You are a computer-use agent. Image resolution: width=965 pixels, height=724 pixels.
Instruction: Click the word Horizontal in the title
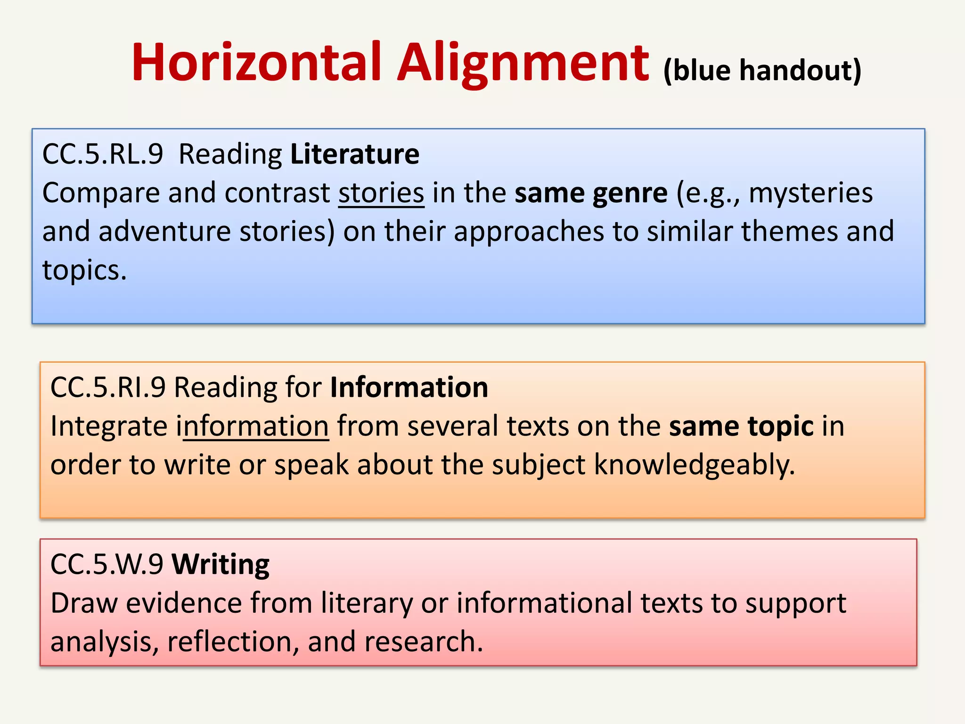click(x=256, y=63)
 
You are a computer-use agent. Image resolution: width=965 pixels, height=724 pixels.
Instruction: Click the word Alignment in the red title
click(x=523, y=64)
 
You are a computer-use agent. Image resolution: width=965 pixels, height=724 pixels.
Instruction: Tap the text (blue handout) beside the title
click(x=762, y=71)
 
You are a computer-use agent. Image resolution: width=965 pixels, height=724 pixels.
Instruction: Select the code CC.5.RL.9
click(x=103, y=154)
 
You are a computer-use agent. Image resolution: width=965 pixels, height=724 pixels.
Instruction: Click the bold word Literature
click(x=355, y=154)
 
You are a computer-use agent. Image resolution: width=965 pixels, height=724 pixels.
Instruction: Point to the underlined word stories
click(x=381, y=193)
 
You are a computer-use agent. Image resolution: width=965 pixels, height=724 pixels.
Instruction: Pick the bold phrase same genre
click(x=591, y=193)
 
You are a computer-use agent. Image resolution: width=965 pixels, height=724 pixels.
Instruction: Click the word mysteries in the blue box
click(x=810, y=193)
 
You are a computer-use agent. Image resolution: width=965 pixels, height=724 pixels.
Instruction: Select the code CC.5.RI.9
click(x=108, y=387)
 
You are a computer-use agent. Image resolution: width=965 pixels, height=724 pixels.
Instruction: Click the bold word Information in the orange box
click(x=409, y=387)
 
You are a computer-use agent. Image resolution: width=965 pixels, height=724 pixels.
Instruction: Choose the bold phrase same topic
click(x=741, y=426)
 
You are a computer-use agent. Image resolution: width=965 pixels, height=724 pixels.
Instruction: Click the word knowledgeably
click(x=694, y=465)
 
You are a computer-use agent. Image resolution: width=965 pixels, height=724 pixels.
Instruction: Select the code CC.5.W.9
click(x=106, y=564)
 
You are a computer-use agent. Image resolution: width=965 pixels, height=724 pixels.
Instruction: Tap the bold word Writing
click(x=221, y=564)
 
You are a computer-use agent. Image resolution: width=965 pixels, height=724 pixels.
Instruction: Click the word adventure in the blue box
click(x=164, y=232)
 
